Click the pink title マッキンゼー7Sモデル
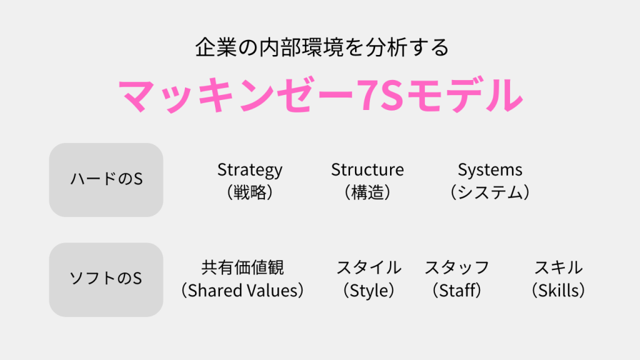tap(321, 96)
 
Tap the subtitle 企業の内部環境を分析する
tap(322, 47)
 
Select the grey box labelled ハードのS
tap(106, 179)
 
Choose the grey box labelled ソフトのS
tap(106, 279)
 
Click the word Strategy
tap(250, 170)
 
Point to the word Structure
tap(367, 170)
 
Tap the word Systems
tap(490, 170)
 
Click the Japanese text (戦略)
tap(250, 192)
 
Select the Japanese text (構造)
tap(367, 192)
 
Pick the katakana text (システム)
tap(490, 192)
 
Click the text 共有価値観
tap(242, 267)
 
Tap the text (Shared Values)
tap(242, 291)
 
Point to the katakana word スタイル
tap(369, 267)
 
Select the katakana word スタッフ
tap(457, 267)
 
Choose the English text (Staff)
tap(457, 291)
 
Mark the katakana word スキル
tap(558, 267)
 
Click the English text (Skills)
tap(558, 291)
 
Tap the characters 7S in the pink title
tap(381, 96)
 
